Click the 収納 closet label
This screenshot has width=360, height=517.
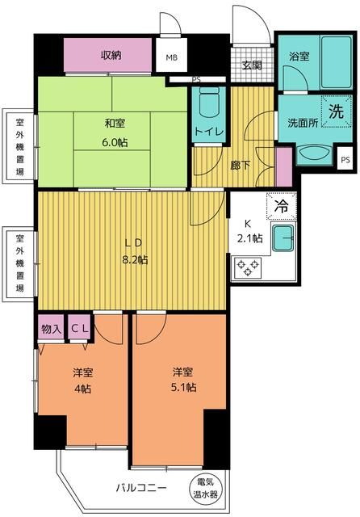click(x=111, y=55)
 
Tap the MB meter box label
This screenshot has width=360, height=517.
click(x=172, y=58)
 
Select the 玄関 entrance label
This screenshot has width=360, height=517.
click(x=251, y=66)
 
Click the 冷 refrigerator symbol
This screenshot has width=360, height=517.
click(x=282, y=207)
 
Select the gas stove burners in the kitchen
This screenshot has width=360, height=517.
click(x=245, y=265)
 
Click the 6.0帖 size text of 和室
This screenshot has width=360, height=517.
click(x=115, y=142)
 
